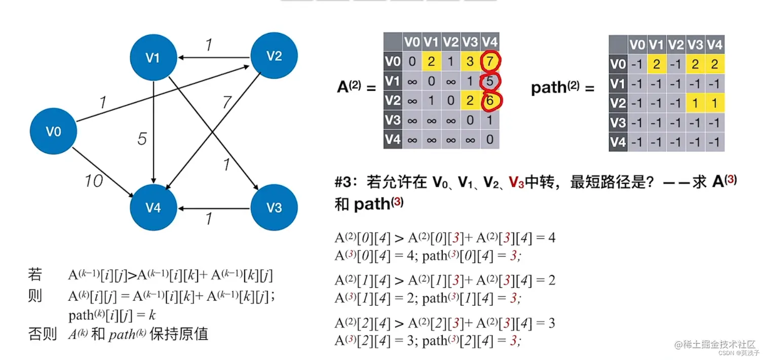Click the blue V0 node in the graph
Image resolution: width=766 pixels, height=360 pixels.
tap(53, 132)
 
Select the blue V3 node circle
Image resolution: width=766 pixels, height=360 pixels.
tap(274, 208)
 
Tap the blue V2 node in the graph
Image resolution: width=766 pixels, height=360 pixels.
tap(274, 56)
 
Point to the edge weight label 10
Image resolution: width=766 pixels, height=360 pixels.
tap(94, 180)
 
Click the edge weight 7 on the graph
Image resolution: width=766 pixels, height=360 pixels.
tap(226, 103)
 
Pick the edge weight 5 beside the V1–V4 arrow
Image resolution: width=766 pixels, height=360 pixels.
tap(142, 138)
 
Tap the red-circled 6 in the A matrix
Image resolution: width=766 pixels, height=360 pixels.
tap(489, 101)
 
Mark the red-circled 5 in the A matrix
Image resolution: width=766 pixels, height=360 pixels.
tap(489, 82)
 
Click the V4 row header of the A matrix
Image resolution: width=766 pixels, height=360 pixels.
tap(393, 139)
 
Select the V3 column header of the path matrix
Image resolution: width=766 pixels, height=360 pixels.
tap(695, 45)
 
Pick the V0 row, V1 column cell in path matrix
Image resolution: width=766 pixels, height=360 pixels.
tap(656, 64)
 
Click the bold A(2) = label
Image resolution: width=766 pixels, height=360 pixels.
tap(356, 87)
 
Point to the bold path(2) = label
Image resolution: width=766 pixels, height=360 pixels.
tap(562, 88)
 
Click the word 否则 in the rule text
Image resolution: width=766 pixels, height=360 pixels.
tap(42, 334)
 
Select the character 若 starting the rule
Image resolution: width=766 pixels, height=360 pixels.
tap(35, 275)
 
